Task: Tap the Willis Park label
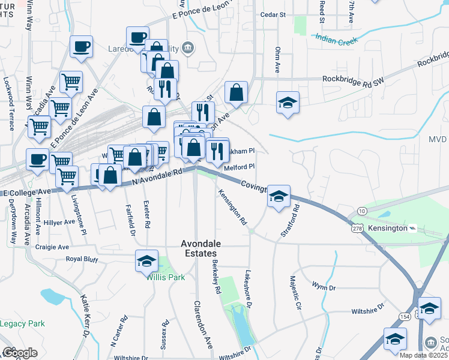click(165, 278)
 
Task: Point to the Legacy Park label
click(22, 324)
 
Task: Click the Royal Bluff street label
click(82, 260)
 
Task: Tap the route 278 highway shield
click(357, 228)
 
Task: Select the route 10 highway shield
click(361, 211)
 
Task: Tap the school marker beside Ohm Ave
click(288, 102)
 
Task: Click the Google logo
click(20, 353)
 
